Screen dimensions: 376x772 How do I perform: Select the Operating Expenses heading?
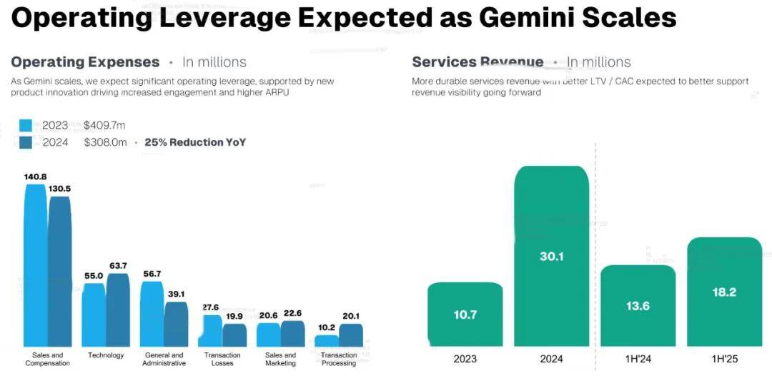[85, 62]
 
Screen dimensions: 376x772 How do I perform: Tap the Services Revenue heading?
[477, 62]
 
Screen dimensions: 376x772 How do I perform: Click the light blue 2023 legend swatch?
[26, 126]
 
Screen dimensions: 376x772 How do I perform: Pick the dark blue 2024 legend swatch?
[26, 142]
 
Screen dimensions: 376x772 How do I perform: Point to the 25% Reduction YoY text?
[195, 142]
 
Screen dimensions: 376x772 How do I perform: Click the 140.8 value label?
[35, 177]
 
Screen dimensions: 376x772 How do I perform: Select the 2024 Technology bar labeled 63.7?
[118, 310]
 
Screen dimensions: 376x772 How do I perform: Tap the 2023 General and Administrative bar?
[152, 314]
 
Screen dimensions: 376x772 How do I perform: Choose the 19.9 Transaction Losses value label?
[235, 317]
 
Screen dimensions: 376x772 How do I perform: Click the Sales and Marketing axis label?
[280, 359]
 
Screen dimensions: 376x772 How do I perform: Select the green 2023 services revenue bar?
[465, 315]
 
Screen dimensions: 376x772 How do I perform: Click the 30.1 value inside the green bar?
[551, 256]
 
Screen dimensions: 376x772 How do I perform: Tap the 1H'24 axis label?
[638, 359]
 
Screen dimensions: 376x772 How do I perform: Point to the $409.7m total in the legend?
[105, 126]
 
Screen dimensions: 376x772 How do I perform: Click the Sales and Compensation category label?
[48, 359]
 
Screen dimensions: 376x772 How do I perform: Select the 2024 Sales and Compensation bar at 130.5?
[60, 272]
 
